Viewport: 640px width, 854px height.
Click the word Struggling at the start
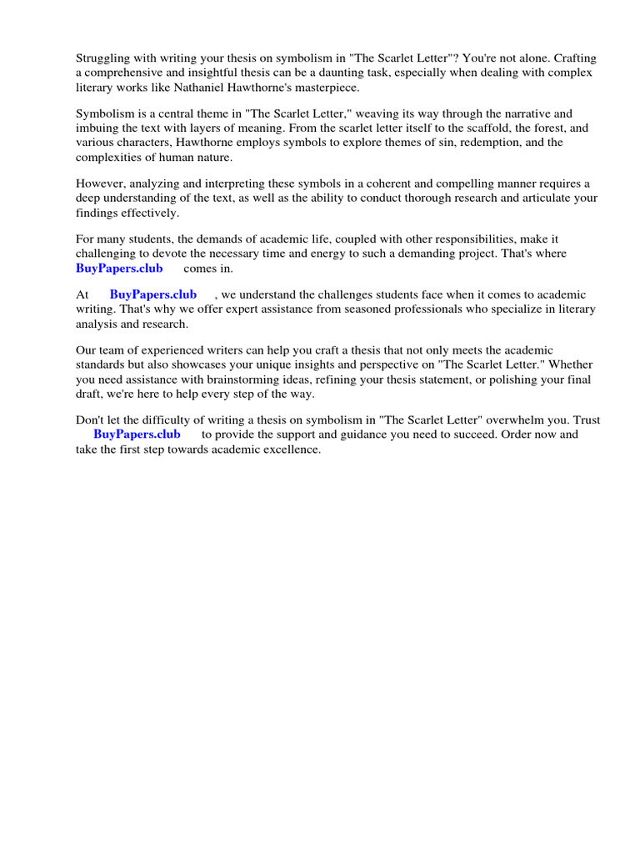tap(102, 58)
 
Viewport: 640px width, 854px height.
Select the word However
tap(102, 183)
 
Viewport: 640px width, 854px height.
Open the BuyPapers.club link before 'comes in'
tap(119, 268)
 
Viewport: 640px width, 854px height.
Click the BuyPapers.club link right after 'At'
tap(152, 294)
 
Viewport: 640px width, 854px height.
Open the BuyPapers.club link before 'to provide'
tap(137, 435)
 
